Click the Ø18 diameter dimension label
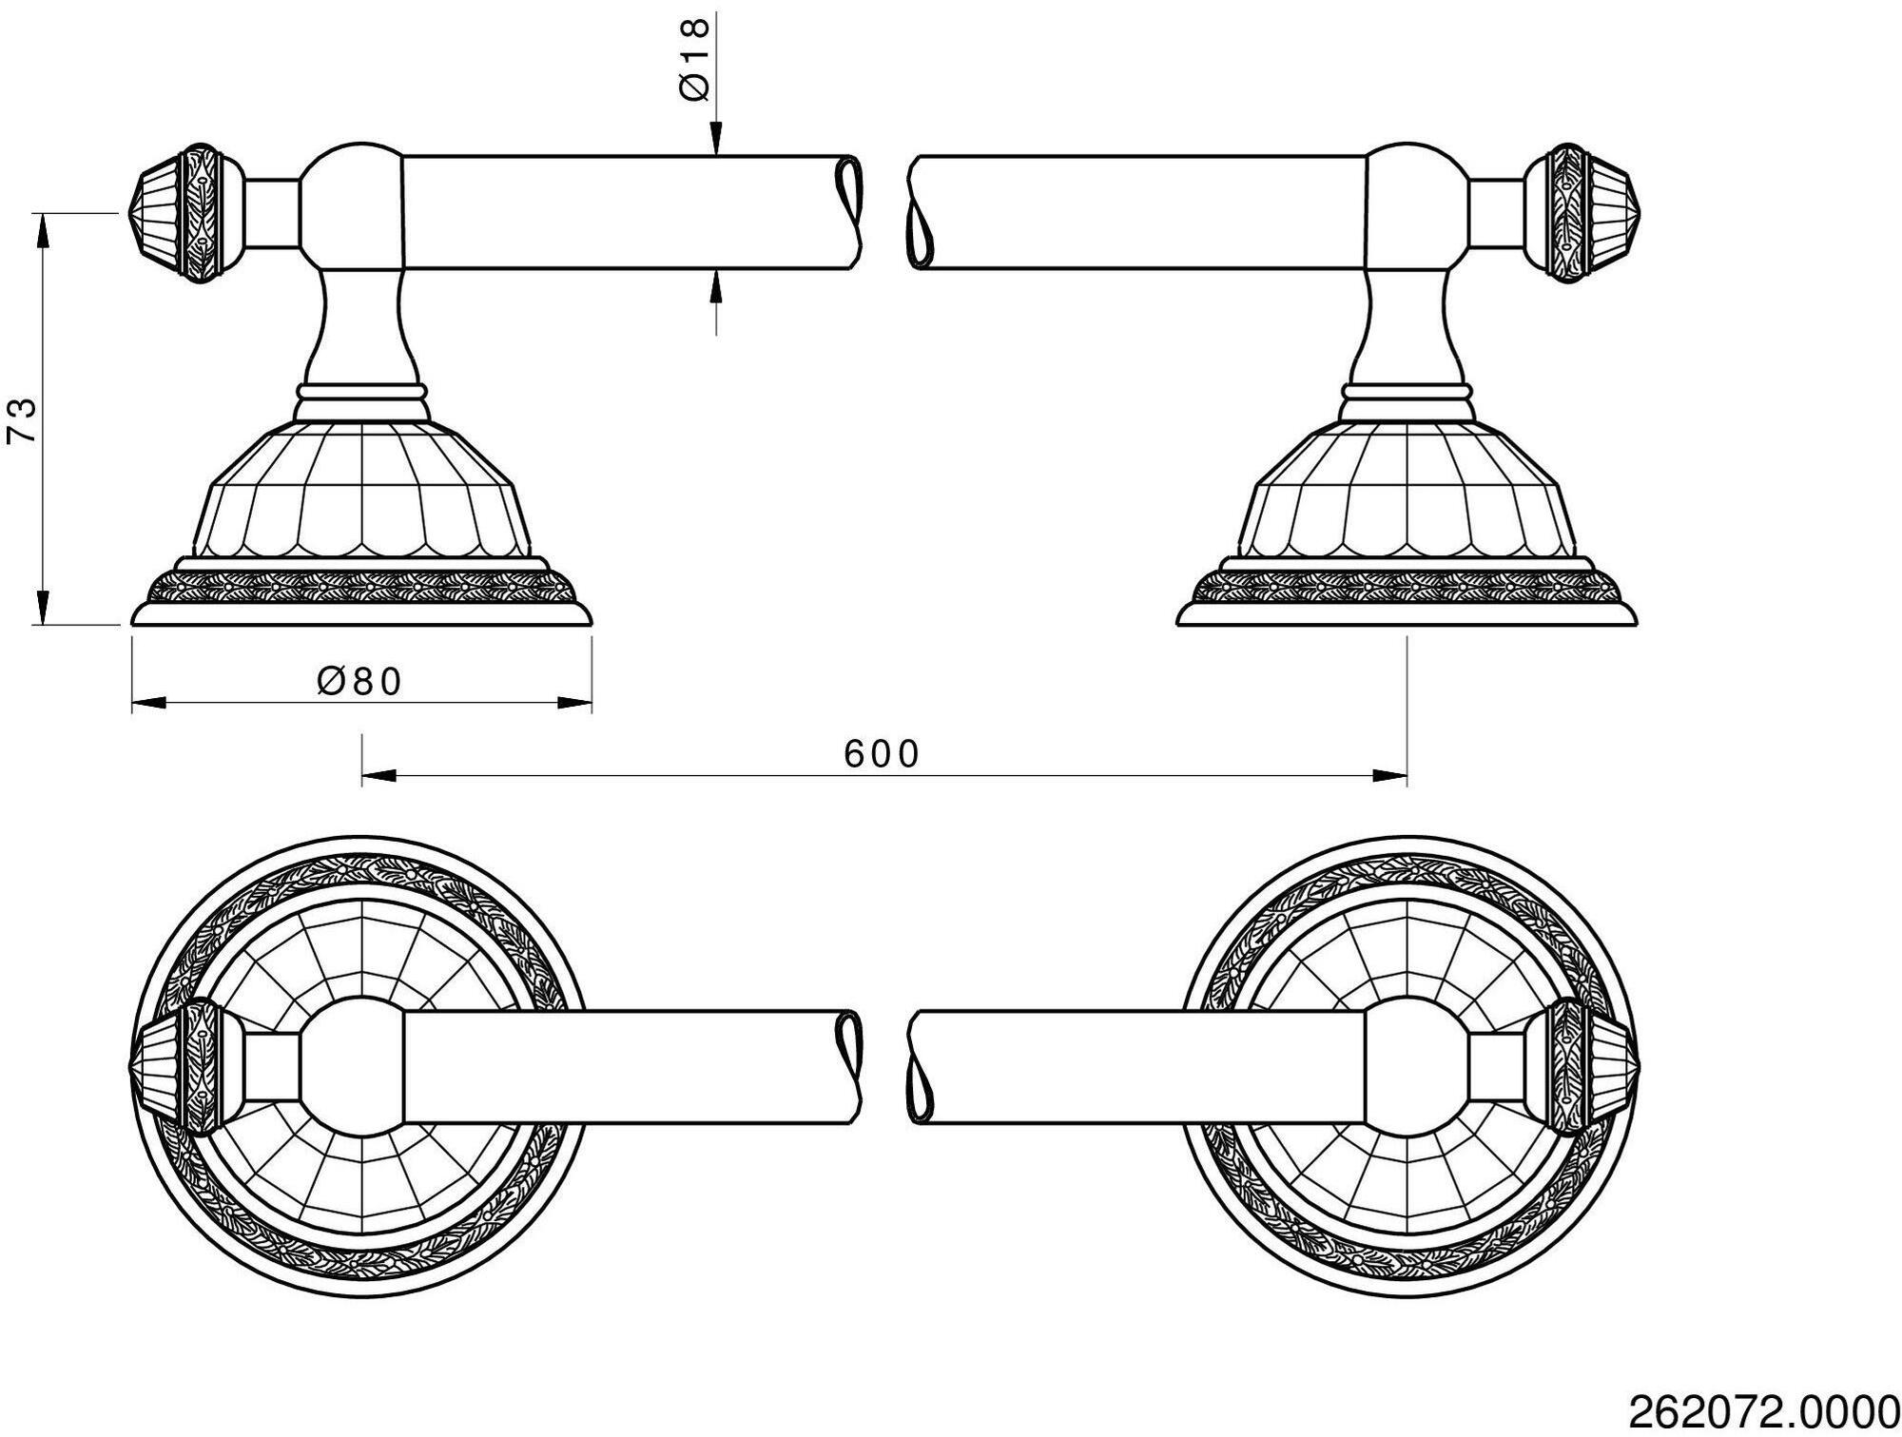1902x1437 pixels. pyautogui.click(x=696, y=59)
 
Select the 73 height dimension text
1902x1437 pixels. pyautogui.click(x=22, y=420)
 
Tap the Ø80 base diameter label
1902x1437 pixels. pyautogui.click(x=360, y=681)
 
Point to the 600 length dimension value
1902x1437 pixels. pyautogui.click(x=882, y=754)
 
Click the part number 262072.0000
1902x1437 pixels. pyautogui.click(x=1764, y=1409)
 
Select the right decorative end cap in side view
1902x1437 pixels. pyautogui.click(x=1587, y=213)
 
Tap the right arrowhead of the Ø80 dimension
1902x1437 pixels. pyautogui.click(x=574, y=704)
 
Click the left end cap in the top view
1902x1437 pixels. pyautogui.click(x=181, y=1068)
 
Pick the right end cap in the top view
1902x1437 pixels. pyautogui.click(x=1587, y=1068)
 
